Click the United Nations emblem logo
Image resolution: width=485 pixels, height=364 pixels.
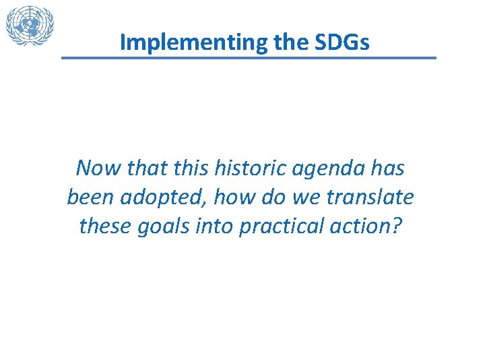[30, 26]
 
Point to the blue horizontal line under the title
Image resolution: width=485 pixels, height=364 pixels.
[249, 58]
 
